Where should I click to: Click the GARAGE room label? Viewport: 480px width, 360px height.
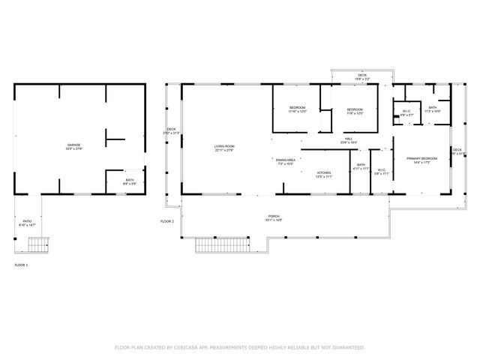pos(73,146)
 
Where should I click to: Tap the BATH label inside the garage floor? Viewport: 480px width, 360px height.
pos(130,181)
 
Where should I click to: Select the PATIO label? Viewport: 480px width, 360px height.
pos(27,222)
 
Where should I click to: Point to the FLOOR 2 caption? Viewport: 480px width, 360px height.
pos(166,221)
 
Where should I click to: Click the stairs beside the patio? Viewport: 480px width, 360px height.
pos(38,243)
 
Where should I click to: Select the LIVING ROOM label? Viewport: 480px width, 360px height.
pos(224,148)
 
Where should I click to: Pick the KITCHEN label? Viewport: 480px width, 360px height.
pos(323,175)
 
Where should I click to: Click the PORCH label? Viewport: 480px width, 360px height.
pos(274,218)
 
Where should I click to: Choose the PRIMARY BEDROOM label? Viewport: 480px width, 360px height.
pos(421,160)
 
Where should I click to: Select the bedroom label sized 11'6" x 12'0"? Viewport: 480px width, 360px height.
pos(355,112)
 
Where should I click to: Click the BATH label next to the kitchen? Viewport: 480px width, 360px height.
pos(361,166)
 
